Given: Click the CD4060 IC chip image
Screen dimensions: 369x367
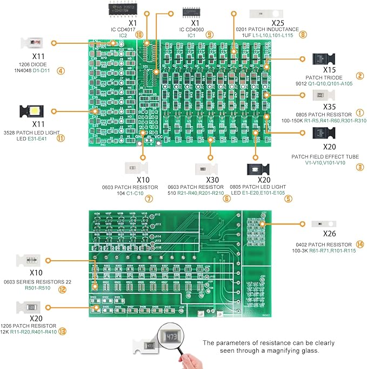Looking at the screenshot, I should tap(195, 11).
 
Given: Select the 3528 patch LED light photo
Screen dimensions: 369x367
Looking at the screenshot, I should tap(34, 112).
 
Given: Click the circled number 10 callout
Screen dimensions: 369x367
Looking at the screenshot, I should tap(139, 35).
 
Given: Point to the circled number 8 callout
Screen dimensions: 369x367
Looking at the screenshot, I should tap(303, 35).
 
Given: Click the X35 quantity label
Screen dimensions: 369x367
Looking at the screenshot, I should tap(329, 107).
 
